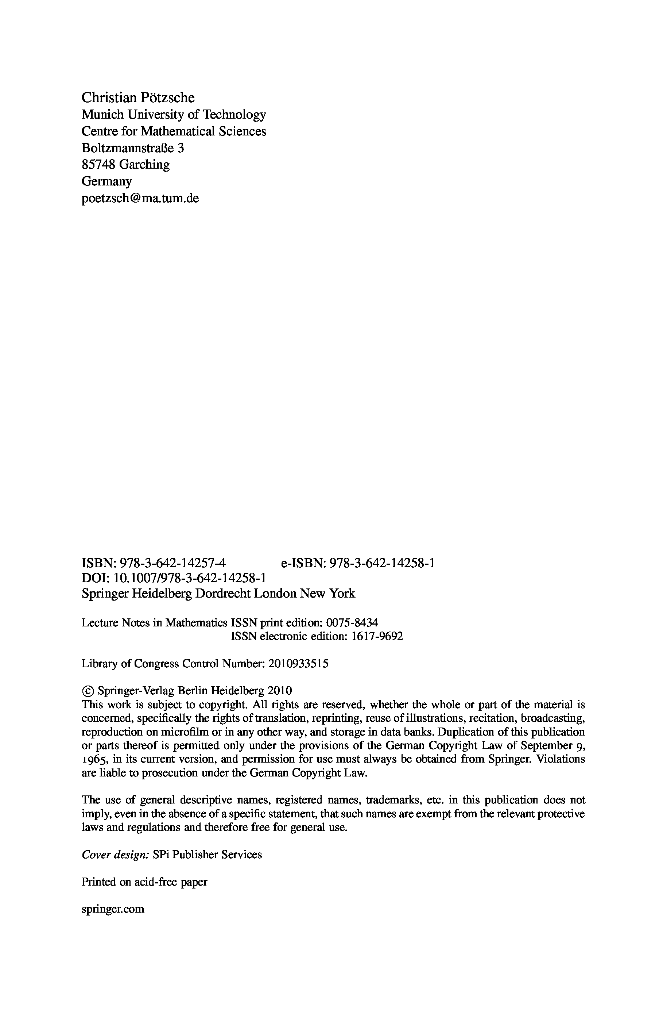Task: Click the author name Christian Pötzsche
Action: click(138, 97)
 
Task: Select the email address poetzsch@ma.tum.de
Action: click(140, 198)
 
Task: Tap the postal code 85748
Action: click(98, 164)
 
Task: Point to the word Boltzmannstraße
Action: click(128, 148)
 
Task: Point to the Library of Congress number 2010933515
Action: click(299, 663)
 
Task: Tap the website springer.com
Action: click(113, 909)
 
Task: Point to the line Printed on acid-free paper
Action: click(144, 882)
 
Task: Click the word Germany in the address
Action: click(106, 181)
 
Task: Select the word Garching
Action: click(144, 164)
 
